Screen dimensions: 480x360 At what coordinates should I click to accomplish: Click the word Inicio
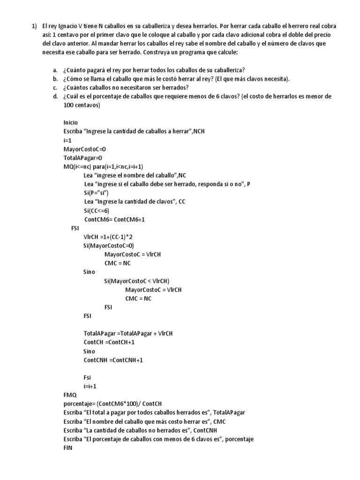(x=71, y=122)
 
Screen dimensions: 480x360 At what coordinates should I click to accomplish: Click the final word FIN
(x=68, y=448)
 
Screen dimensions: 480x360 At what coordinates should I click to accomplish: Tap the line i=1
(x=67, y=140)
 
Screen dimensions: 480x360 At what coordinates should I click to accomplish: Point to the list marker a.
(x=55, y=70)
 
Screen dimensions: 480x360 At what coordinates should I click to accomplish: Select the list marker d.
(x=55, y=96)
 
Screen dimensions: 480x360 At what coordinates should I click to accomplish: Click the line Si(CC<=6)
(x=97, y=210)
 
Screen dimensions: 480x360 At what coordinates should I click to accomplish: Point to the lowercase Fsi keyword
(x=88, y=378)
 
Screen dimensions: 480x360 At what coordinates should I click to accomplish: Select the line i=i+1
(x=90, y=386)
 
